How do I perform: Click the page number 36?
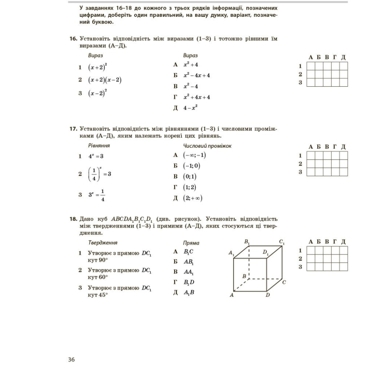(71, 360)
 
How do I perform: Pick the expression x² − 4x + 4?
(196, 75)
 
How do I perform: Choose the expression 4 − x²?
(190, 108)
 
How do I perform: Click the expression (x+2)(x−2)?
(105, 80)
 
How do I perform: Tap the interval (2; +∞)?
(193, 198)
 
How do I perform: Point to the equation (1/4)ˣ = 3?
(100, 174)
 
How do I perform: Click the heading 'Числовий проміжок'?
(207, 146)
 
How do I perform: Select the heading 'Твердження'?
(103, 243)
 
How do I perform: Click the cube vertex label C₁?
(282, 243)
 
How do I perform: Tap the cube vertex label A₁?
(231, 253)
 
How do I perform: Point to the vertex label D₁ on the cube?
(265, 252)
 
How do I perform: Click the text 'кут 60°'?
(97, 277)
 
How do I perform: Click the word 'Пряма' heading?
(191, 243)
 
